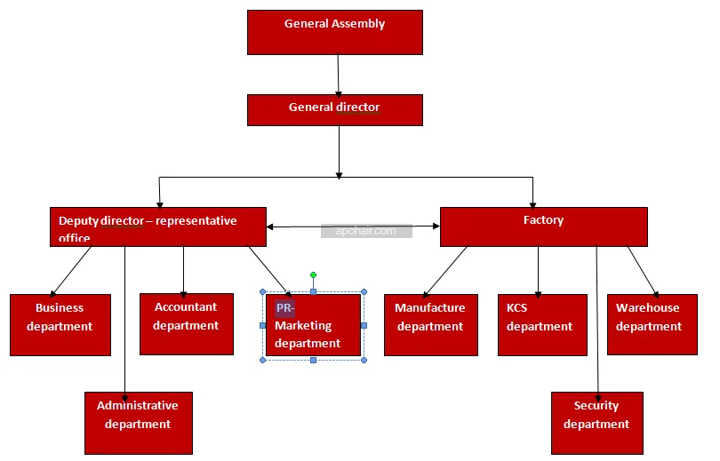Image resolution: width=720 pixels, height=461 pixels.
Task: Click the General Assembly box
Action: (334, 33)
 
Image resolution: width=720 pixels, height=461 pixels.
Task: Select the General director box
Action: (334, 109)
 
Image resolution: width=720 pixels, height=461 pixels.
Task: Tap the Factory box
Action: (543, 227)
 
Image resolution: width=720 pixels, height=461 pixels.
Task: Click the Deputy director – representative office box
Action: (157, 227)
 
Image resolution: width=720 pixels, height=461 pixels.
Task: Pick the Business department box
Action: (60, 324)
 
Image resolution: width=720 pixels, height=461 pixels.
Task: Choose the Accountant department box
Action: (186, 323)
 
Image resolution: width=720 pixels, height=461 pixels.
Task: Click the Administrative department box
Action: (138, 423)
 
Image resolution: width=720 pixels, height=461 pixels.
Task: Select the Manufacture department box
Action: (430, 324)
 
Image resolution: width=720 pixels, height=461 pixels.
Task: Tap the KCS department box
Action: (541, 324)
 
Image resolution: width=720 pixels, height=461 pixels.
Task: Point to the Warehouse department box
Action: (652, 324)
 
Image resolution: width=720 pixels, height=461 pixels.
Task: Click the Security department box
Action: (596, 423)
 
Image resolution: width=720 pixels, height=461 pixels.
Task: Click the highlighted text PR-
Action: (284, 308)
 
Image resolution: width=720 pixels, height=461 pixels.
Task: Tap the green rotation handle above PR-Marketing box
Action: (313, 275)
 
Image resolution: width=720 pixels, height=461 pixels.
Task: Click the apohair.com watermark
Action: (366, 231)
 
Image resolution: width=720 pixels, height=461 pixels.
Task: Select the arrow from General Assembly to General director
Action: (338, 75)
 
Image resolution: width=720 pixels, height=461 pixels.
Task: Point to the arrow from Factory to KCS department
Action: (538, 270)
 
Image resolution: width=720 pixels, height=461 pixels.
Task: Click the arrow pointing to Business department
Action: (71, 271)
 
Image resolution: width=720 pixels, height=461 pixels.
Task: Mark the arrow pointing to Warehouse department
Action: (643, 270)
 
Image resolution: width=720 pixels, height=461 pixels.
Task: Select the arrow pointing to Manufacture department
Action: (444, 271)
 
